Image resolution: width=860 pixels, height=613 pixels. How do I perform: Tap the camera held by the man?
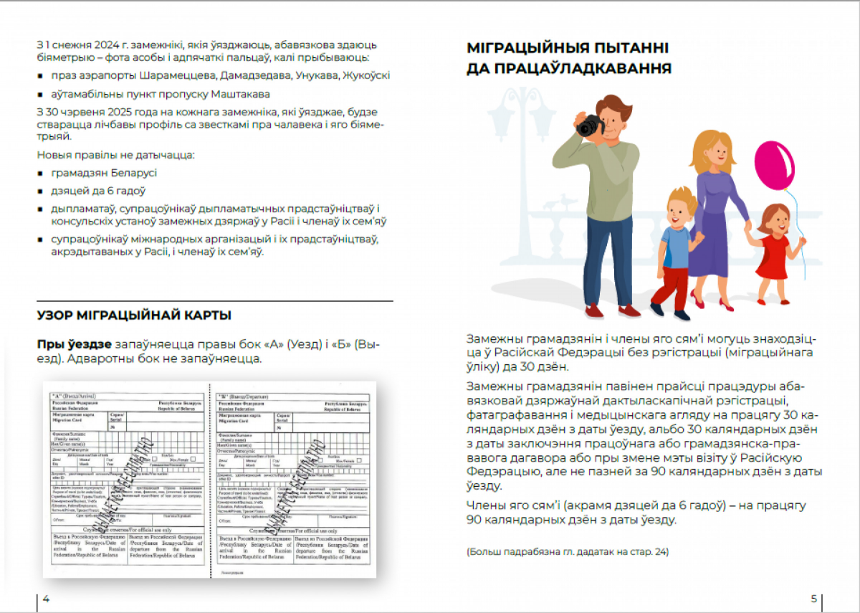click(x=589, y=125)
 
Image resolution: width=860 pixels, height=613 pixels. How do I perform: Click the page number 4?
click(x=46, y=599)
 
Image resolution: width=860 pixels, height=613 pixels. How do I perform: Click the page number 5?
click(x=813, y=599)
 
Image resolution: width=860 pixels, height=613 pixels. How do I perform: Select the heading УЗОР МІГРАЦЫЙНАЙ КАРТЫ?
click(x=134, y=315)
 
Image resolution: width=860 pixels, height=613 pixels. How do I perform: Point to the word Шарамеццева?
click(x=180, y=75)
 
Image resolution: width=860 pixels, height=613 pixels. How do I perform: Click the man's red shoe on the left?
click(x=594, y=312)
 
